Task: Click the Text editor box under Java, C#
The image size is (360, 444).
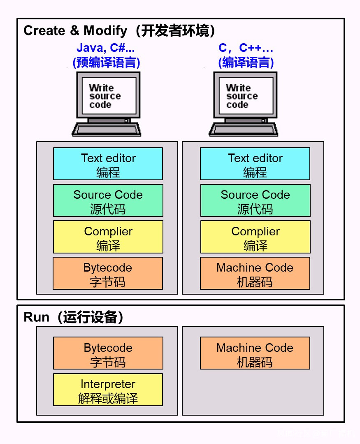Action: click(108, 164)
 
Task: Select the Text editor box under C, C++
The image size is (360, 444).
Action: click(255, 164)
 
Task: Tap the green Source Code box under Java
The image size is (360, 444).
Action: click(108, 200)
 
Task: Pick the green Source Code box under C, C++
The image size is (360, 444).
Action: click(255, 200)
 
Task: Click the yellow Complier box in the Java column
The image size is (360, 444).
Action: click(108, 237)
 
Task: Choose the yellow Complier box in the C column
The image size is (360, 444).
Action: click(255, 237)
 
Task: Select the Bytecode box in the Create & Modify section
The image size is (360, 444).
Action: click(108, 273)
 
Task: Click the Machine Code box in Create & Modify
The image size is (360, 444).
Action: click(255, 273)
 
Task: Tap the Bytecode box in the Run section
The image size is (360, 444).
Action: click(108, 353)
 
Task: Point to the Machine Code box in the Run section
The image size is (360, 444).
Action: click(255, 353)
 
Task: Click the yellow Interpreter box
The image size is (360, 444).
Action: click(108, 390)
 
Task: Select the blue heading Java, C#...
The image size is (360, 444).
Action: click(106, 48)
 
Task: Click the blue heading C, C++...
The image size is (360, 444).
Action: click(246, 48)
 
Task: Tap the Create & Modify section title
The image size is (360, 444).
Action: click(119, 31)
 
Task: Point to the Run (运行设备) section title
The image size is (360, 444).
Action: click(74, 317)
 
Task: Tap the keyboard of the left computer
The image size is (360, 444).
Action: click(107, 130)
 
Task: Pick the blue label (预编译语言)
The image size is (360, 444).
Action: click(107, 63)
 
